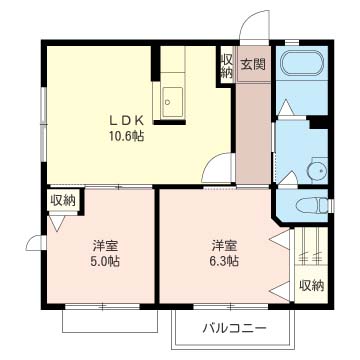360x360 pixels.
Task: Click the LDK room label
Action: [x=126, y=120]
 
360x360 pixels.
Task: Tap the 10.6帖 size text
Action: [x=127, y=136]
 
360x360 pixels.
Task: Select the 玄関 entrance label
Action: [x=253, y=65]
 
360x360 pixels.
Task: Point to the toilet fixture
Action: [x=312, y=205]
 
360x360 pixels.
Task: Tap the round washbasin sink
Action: [x=319, y=170]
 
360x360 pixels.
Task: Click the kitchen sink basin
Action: [x=173, y=102]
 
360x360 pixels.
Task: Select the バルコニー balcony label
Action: [x=235, y=329]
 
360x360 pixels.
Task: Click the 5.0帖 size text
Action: [x=105, y=261]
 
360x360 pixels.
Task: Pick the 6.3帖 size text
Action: [x=224, y=261]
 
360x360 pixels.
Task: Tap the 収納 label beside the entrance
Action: [x=227, y=67]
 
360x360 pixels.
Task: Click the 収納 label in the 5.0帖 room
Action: [x=63, y=200]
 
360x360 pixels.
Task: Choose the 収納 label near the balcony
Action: [x=311, y=285]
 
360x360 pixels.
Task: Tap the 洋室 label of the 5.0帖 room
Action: [x=105, y=246]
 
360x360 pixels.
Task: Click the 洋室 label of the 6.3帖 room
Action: [x=224, y=246]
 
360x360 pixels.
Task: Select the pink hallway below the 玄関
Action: [x=253, y=133]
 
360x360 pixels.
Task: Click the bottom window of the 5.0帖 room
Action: [x=102, y=307]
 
